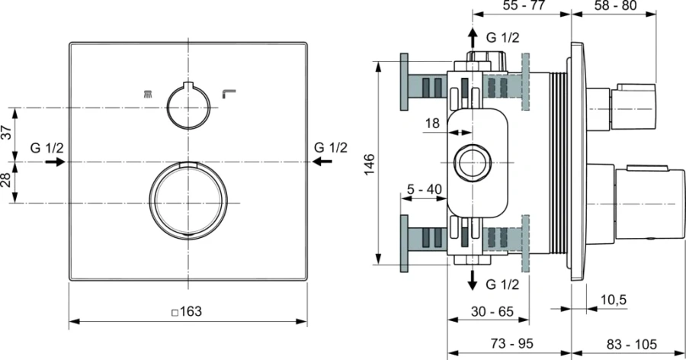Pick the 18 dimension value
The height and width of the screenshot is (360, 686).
point(431,123)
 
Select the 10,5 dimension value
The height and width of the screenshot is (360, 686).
point(613,301)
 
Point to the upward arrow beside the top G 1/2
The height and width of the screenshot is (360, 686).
point(473,38)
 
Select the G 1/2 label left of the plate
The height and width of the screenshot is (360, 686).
point(47,147)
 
